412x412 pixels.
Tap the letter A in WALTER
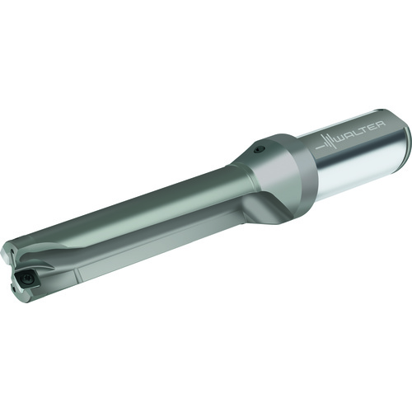[351, 136]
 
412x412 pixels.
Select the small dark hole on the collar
[259, 149]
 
